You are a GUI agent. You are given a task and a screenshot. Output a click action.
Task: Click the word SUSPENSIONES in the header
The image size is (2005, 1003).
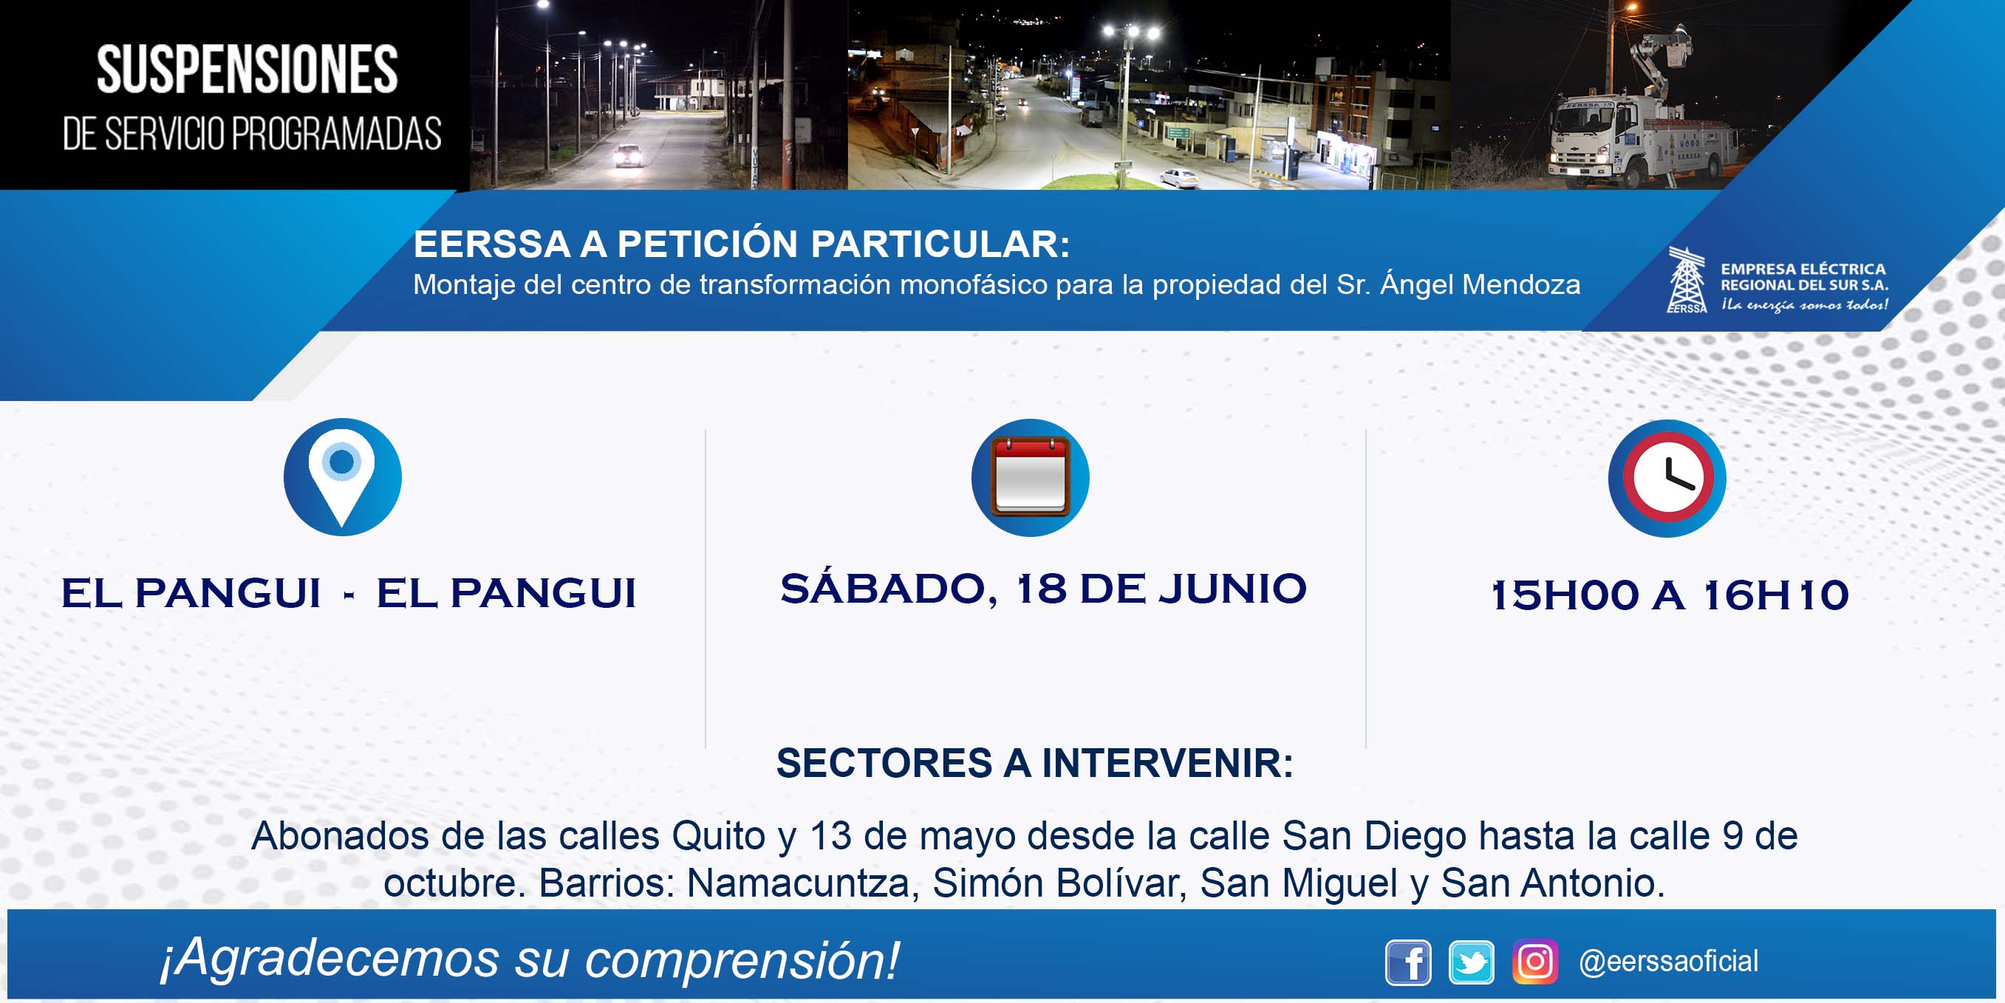coord(247,69)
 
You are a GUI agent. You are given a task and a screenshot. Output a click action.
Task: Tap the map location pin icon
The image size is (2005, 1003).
coord(342,477)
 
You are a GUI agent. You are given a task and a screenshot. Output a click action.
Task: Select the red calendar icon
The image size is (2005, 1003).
coord(1030,477)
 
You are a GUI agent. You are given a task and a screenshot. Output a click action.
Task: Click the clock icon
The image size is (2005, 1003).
coord(1667,478)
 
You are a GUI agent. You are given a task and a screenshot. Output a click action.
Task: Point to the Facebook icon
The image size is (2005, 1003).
coord(1407,962)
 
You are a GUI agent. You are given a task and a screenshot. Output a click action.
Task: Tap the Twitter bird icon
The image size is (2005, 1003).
coord(1470,962)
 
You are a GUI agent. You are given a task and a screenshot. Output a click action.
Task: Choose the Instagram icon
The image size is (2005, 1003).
coord(1534,962)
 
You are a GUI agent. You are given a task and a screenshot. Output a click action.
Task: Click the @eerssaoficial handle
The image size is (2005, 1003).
coord(1668,962)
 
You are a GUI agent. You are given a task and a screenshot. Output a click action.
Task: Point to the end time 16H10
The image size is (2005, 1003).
coord(1775,595)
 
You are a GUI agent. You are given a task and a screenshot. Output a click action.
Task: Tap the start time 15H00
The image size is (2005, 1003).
coord(1565,595)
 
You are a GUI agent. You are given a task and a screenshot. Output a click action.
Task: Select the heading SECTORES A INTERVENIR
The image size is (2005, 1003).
coord(1034,762)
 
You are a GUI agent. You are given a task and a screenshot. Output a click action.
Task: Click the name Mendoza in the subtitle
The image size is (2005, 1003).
coord(1521,285)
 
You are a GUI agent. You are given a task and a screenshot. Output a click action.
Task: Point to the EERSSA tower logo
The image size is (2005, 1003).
coord(1686,279)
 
